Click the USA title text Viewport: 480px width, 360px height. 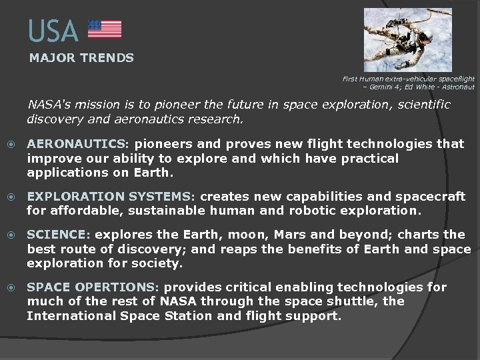[x=53, y=31]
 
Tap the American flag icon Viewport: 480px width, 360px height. [x=105, y=29]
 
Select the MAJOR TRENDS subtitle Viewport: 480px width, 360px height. [x=81, y=58]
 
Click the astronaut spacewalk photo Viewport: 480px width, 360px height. [x=407, y=39]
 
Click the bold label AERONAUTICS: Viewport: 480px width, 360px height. [x=79, y=144]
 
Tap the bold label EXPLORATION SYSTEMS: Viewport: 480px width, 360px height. [x=111, y=197]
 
